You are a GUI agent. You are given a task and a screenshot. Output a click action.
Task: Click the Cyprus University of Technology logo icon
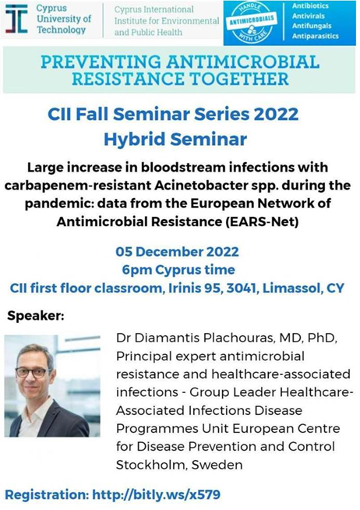pyautogui.click(x=16, y=19)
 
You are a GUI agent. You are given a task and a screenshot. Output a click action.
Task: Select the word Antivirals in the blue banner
pyautogui.click(x=308, y=16)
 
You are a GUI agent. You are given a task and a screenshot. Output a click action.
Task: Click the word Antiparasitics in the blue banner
pyautogui.click(x=315, y=36)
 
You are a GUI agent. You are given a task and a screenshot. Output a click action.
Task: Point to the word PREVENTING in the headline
pyautogui.click(x=101, y=62)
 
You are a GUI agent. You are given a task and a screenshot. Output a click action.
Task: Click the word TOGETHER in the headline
pyautogui.click(x=238, y=79)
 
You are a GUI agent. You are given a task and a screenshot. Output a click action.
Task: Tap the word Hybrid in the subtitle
pyautogui.click(x=135, y=140)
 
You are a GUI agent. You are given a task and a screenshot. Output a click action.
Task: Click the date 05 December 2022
pyautogui.click(x=177, y=252)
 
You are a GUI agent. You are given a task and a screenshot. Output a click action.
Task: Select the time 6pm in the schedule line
pyautogui.click(x=136, y=270)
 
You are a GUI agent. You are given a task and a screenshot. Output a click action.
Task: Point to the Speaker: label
pyautogui.click(x=36, y=316)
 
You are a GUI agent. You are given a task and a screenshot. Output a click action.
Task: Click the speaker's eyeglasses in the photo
pyautogui.click(x=32, y=372)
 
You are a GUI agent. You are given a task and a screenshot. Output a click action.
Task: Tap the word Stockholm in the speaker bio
pyautogui.click(x=151, y=465)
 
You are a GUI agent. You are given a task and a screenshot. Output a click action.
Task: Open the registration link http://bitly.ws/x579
pyautogui.click(x=157, y=494)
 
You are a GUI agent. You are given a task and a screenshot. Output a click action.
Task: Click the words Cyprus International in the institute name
pyautogui.click(x=154, y=9)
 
